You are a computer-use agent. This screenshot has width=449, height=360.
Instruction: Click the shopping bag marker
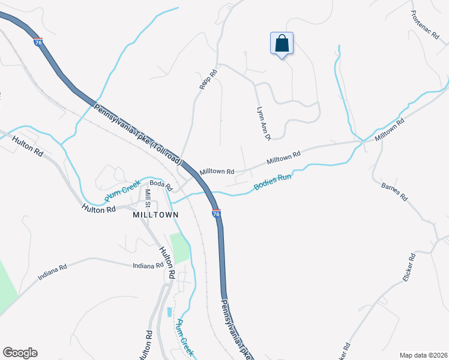282,43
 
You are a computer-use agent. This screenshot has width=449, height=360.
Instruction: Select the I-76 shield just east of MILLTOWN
216,213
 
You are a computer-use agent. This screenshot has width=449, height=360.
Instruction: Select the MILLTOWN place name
156,214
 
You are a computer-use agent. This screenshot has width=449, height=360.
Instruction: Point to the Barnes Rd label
394,191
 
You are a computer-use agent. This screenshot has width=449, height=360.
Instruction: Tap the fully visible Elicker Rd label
410,268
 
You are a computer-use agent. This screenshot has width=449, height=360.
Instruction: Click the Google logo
20,353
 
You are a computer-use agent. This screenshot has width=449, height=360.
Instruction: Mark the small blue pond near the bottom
169,312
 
